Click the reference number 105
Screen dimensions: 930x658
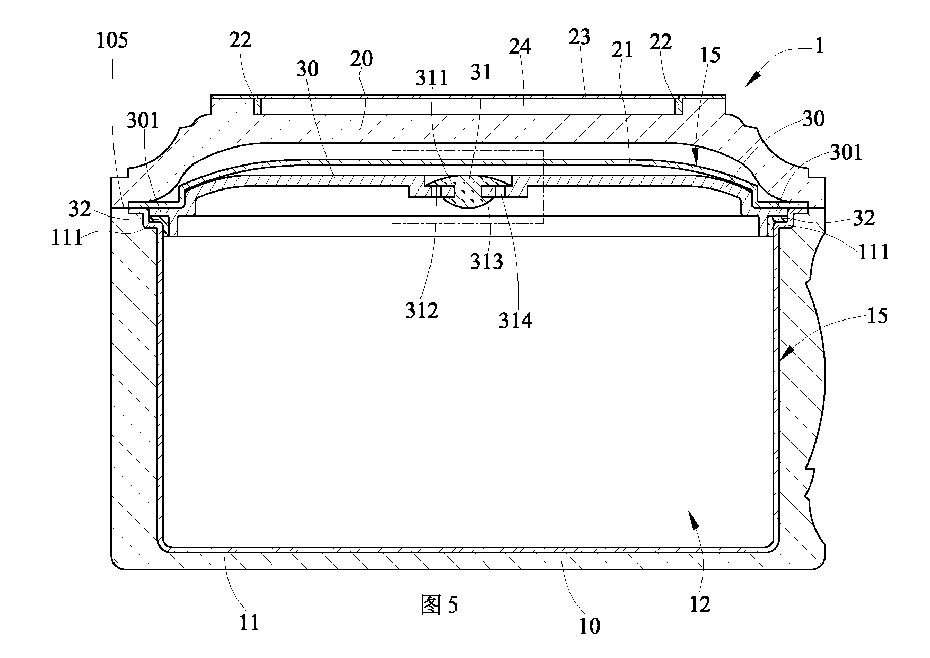112,40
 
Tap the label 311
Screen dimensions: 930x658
432,78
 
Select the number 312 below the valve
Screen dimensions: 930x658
422,310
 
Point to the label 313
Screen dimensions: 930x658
487,261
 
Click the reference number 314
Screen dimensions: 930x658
516,321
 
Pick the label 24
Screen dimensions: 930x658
520,47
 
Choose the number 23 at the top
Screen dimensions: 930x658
580,37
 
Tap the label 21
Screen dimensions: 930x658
622,49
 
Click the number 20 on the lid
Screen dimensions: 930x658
362,58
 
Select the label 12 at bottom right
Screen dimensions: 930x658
700,603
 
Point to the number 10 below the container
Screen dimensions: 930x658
589,626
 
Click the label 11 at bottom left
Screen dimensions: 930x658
249,622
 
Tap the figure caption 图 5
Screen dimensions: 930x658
439,605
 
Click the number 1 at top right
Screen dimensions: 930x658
819,47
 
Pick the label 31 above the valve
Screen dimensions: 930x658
481,72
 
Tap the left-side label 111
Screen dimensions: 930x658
67,237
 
